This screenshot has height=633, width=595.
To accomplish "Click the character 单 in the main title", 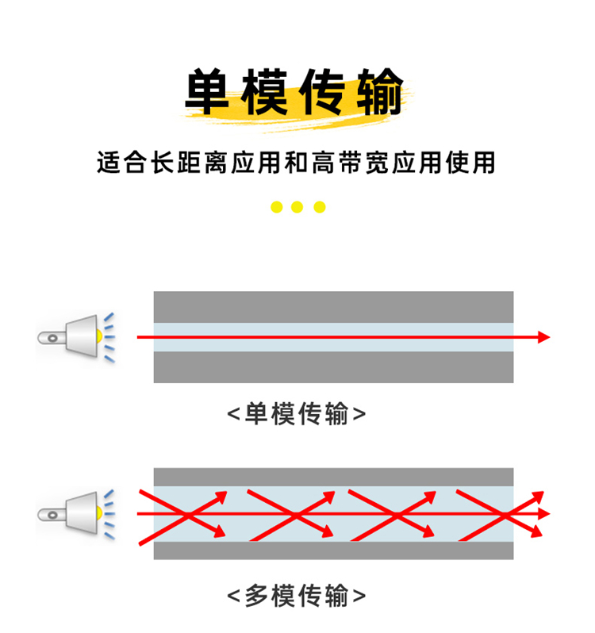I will tap(208, 94).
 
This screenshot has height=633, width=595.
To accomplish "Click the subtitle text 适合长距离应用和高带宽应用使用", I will tap(296, 163).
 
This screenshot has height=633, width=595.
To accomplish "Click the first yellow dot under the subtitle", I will tap(276, 207).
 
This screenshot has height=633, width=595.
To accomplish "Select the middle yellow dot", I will tap(297, 207).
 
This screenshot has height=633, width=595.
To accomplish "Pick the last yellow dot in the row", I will tap(319, 207).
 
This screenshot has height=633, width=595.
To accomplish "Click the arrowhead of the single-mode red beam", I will tap(543, 337).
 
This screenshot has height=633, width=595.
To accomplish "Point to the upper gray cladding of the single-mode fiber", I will tap(333, 306).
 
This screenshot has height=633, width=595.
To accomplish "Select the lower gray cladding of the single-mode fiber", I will tap(333, 366).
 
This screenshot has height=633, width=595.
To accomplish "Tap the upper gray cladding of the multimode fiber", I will tap(333, 477).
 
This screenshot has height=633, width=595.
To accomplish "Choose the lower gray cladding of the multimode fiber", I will tap(333, 550).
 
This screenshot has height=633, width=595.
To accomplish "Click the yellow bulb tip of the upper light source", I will tap(99, 336).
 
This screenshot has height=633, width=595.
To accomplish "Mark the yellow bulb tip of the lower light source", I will tap(99, 513).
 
